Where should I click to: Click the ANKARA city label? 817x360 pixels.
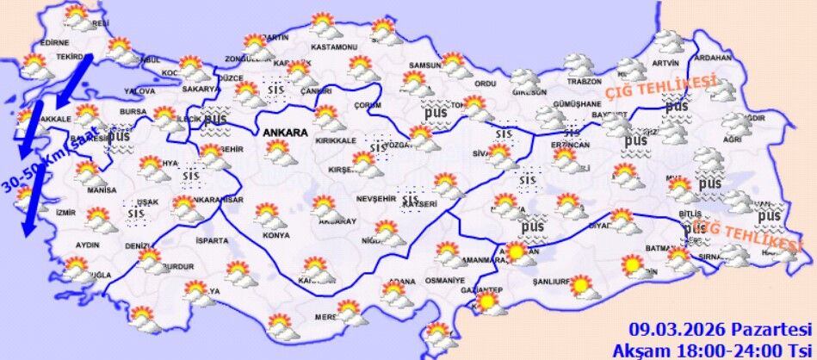coord(282,133)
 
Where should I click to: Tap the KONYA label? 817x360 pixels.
coord(275,234)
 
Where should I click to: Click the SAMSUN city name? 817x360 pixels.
coord(424,65)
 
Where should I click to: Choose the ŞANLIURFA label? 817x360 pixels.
coord(553,281)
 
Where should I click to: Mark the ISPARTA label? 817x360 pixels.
coord(213,240)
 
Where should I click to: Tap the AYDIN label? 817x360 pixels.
coord(89,245)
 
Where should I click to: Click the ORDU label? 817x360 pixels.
coord(486,84)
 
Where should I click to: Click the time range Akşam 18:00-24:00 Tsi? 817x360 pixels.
coord(712,350)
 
